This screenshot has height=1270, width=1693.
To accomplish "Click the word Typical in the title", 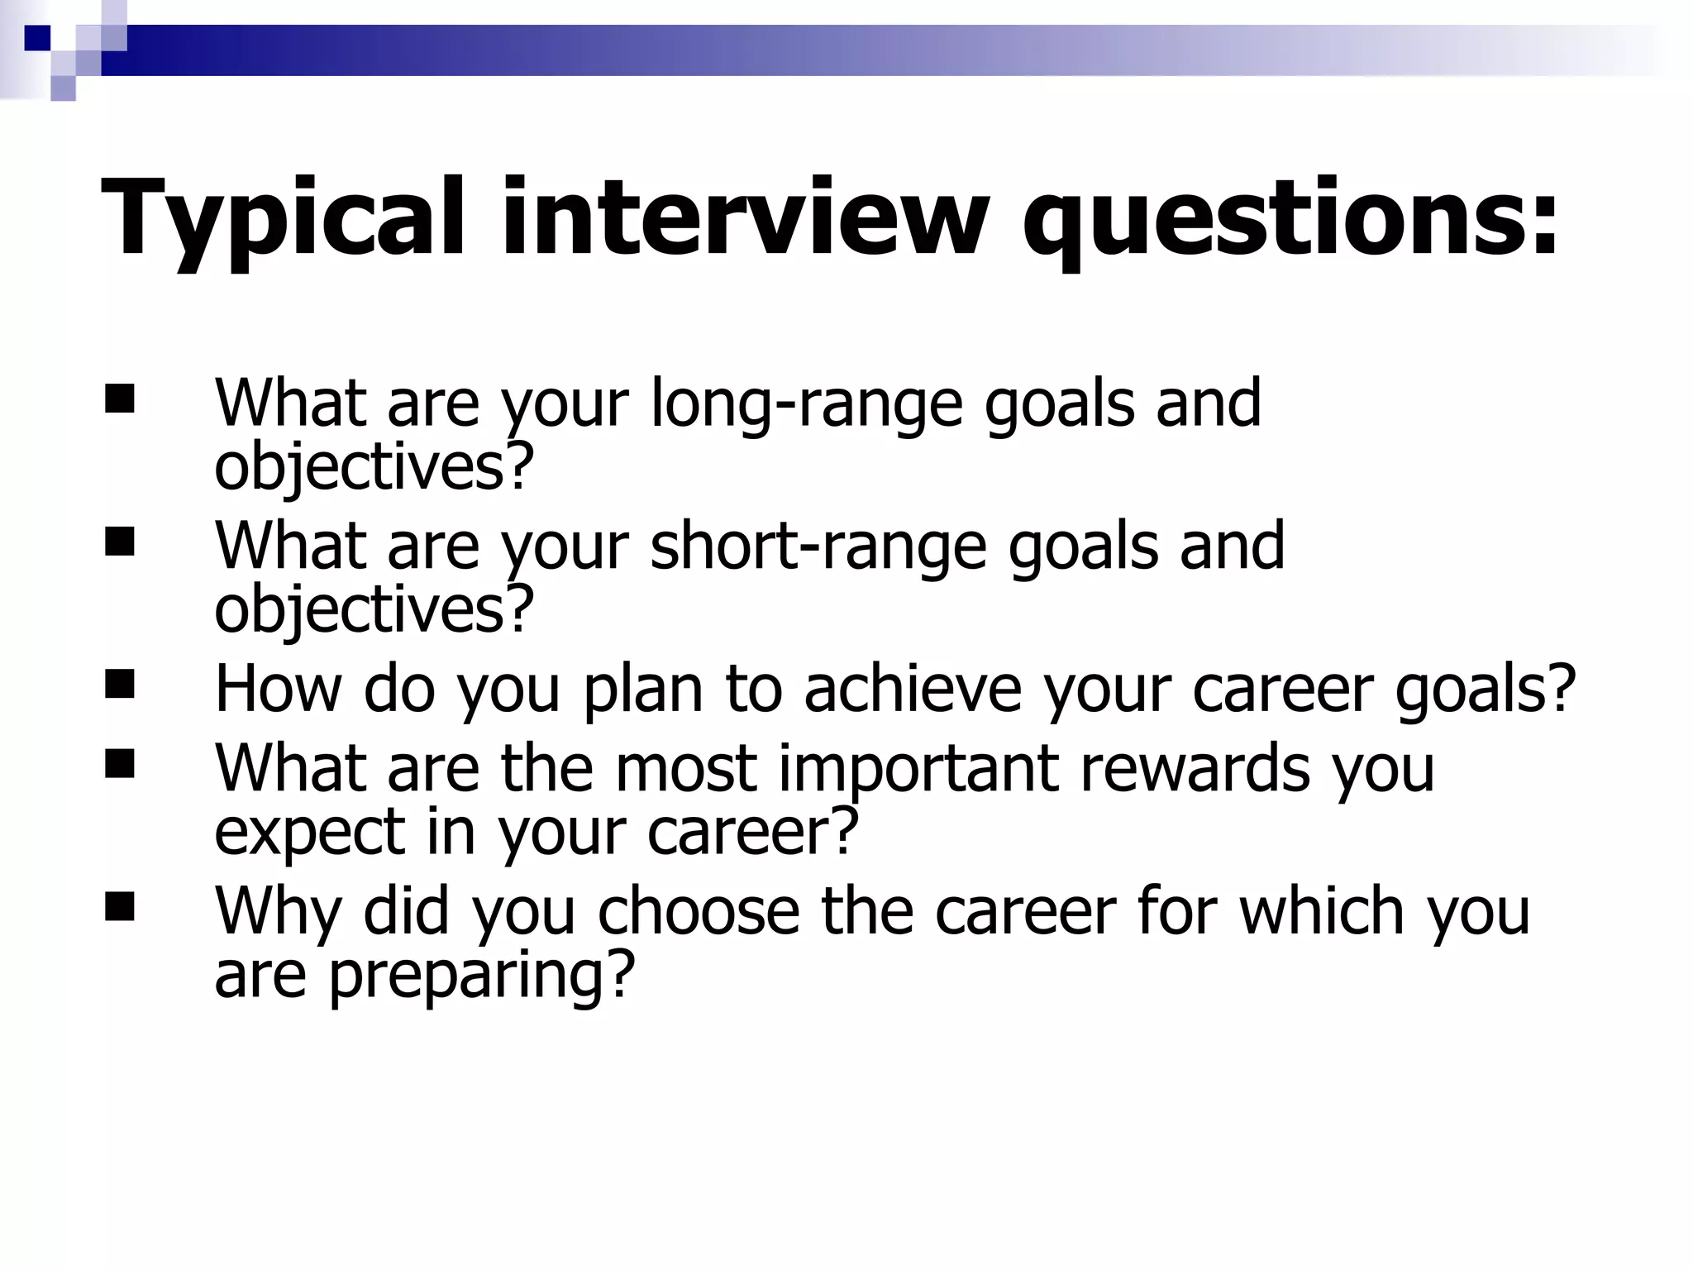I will (x=282, y=219).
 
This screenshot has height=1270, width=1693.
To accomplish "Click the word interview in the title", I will (x=744, y=219).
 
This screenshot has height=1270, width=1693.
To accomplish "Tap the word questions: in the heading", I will (x=1290, y=219).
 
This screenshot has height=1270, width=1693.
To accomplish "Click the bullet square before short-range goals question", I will (x=120, y=542).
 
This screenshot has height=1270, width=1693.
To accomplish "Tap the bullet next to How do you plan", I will (x=120, y=685).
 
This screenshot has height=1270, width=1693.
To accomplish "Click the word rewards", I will (x=1195, y=769).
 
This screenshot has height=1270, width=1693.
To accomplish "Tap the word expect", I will (x=309, y=833).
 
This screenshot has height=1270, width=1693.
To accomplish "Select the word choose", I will (x=699, y=911).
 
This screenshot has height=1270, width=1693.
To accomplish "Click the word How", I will (x=278, y=689).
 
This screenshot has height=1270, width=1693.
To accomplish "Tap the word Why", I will (x=278, y=911).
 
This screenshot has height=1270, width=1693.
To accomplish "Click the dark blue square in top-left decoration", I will (x=37, y=38).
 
